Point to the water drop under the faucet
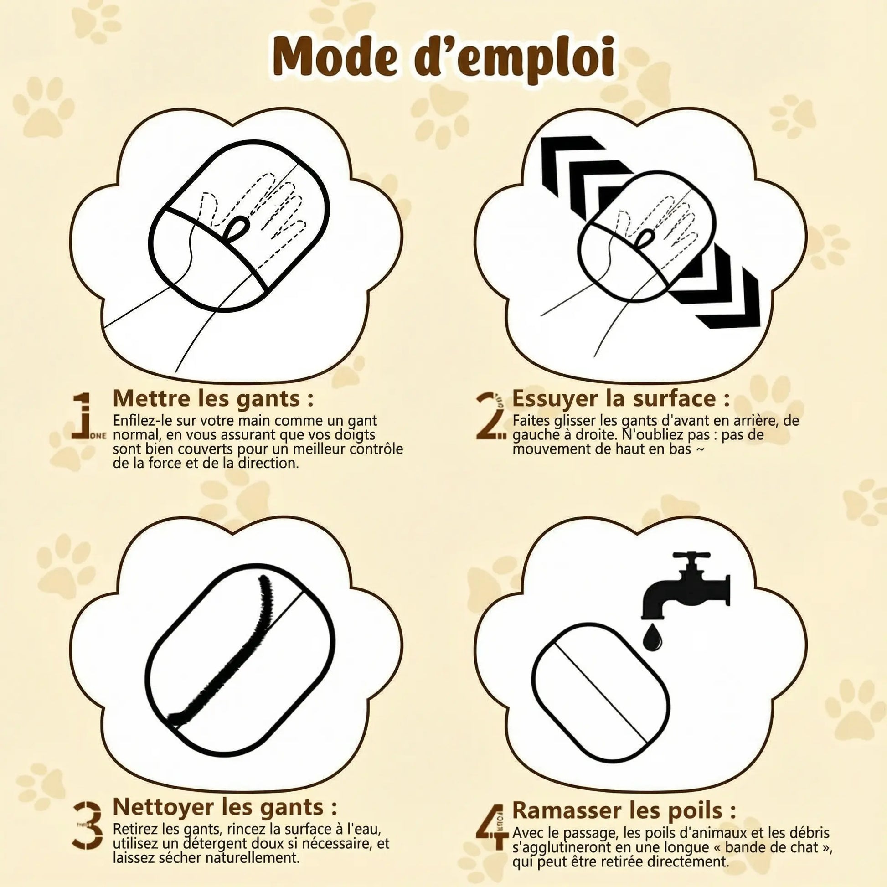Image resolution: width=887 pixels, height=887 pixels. click(x=652, y=638)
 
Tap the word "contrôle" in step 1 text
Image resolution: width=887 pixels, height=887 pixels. click(x=376, y=449)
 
